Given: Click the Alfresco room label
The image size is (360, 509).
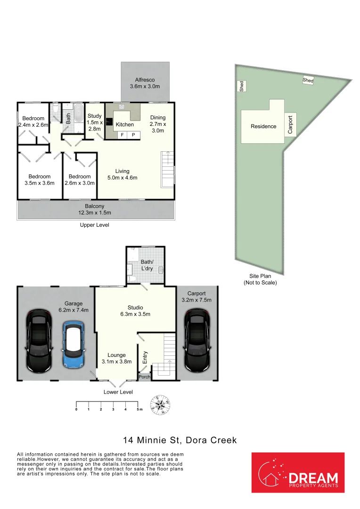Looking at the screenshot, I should click(x=145, y=83).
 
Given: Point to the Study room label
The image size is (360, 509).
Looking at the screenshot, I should click(x=94, y=122).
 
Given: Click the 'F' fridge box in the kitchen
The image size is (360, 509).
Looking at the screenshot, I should click(x=123, y=135).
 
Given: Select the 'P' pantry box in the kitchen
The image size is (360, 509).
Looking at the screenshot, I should click(x=133, y=135).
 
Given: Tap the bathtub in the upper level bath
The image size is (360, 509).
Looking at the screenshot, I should click(x=78, y=113).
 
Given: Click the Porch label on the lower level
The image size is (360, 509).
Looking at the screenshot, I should click(x=144, y=377).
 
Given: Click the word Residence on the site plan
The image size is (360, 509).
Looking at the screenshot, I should click(x=263, y=126).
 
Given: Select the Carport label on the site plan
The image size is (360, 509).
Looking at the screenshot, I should click(x=290, y=125).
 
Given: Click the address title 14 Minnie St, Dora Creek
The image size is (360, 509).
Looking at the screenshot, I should click(x=180, y=441).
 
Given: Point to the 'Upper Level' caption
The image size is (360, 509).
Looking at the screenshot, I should click(x=94, y=225).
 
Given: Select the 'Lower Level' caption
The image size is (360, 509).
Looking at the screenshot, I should click(x=118, y=392).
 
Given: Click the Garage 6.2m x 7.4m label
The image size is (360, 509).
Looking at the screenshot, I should click(x=74, y=307).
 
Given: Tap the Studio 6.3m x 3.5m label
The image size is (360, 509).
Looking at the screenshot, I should click(x=135, y=311).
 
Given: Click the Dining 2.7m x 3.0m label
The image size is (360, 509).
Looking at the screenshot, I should click(x=158, y=124).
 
